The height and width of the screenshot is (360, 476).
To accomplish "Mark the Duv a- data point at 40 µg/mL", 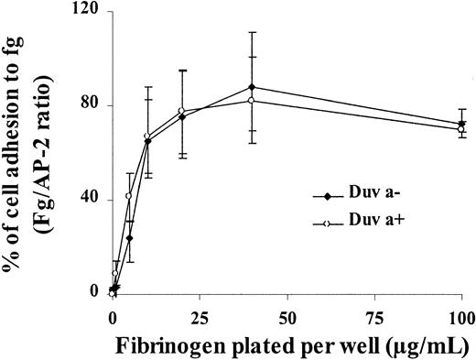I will (x=252, y=87).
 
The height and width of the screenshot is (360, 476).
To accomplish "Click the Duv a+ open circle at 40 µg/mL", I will (x=252, y=100).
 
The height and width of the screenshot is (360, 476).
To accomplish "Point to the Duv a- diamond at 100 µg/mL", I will (x=461, y=123).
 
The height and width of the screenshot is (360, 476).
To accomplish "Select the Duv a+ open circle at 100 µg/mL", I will (x=461, y=129).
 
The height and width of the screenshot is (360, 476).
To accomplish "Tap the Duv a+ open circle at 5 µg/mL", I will (x=129, y=195).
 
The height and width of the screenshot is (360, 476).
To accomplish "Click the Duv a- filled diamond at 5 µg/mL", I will (x=129, y=237).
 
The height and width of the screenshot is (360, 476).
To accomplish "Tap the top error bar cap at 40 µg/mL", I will (x=252, y=32).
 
